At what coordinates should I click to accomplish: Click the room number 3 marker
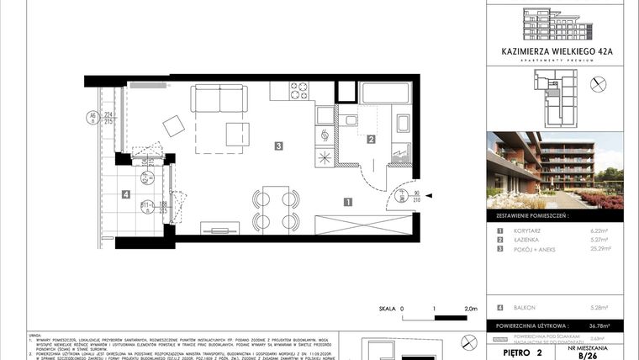click(x=277, y=146)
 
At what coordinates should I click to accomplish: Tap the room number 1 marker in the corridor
click(x=346, y=201)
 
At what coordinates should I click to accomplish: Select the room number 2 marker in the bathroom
click(x=371, y=140)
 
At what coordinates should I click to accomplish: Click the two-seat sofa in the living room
click(x=219, y=99)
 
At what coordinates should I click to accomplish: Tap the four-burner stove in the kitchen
click(x=299, y=90)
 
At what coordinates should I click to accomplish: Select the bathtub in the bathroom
click(x=383, y=94)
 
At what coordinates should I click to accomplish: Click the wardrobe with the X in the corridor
click(x=362, y=224)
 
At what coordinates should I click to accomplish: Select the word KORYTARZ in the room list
click(x=530, y=230)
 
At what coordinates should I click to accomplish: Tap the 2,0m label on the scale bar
click(x=471, y=310)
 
